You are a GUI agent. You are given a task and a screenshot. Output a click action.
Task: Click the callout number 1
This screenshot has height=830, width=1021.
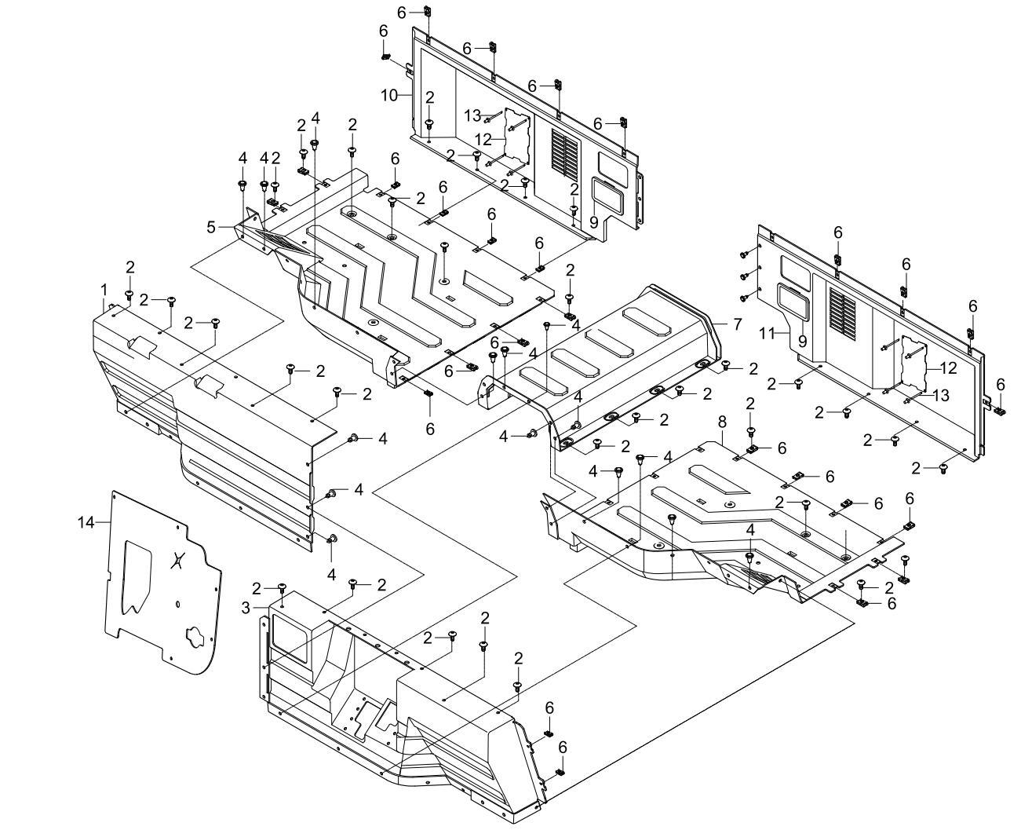pos(104,290)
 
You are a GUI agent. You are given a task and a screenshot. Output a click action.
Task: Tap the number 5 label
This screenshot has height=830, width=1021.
pos(211,227)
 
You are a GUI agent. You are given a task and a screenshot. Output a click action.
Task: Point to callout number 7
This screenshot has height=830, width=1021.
pos(737,323)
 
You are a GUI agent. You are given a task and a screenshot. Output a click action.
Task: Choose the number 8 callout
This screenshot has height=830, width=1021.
pos(722,422)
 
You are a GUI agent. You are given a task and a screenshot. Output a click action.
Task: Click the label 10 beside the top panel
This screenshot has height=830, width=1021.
pos(390,96)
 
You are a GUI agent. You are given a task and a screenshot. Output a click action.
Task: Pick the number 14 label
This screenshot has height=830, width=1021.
pos(86,521)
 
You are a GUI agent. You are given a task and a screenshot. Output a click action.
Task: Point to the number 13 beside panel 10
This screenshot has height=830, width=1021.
pos(472,115)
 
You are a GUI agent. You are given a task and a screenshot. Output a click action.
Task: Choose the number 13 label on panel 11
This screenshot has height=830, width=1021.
pos(940,394)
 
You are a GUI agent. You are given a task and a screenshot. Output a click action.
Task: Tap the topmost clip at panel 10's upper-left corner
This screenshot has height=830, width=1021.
pos(428,13)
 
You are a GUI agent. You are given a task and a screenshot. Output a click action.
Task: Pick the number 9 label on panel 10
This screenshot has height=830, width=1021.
pos(593,222)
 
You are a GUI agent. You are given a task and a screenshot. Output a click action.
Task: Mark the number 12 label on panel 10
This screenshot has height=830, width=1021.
pos(483,139)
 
